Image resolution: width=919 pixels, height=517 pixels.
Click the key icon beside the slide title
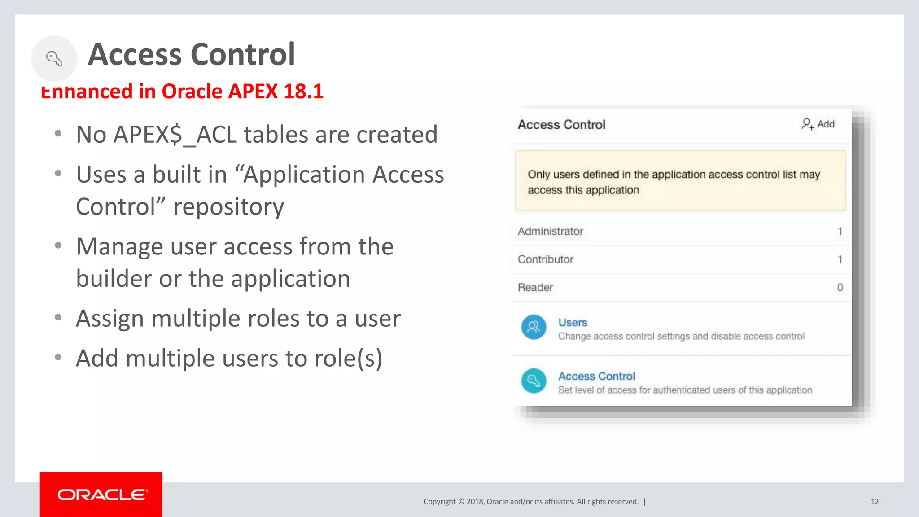[54, 58]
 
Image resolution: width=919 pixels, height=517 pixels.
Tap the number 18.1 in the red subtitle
[303, 91]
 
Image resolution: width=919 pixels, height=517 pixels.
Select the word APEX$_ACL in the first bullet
[175, 134]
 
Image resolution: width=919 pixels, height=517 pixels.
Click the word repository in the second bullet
[229, 206]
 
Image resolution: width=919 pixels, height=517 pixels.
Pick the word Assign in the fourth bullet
[110, 319]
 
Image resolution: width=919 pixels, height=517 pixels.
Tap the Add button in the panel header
[818, 124]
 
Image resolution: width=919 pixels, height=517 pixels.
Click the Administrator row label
[550, 231]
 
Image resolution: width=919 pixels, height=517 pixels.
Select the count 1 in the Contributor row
[840, 259]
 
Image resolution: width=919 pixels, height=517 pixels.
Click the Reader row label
[535, 287]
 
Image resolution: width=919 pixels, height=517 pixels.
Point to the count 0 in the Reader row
[840, 287]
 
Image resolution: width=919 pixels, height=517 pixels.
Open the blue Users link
[573, 322]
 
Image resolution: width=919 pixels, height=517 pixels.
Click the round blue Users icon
[534, 327]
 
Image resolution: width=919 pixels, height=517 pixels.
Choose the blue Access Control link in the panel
[596, 376]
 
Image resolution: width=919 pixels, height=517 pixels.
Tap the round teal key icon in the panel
[534, 381]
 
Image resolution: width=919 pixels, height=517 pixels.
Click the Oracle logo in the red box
[101, 495]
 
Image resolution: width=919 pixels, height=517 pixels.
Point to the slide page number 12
[875, 501]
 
